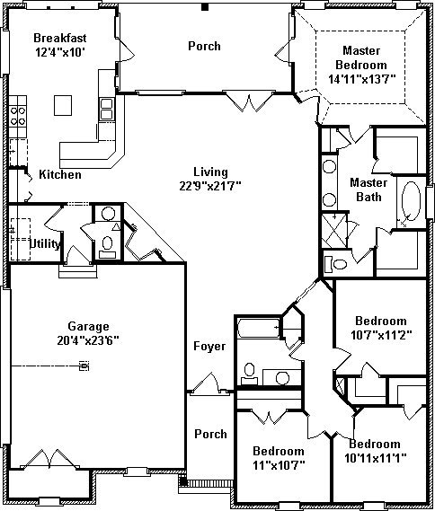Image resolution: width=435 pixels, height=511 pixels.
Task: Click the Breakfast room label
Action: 60,38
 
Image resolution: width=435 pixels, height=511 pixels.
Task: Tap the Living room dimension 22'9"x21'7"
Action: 210,186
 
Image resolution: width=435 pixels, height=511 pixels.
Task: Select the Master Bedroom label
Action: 361,57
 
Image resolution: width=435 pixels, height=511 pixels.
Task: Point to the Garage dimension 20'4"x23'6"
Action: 88,340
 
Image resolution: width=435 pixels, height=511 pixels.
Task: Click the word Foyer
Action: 209,346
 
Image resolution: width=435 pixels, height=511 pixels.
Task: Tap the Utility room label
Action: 45,243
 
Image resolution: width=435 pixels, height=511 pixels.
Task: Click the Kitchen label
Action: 60,174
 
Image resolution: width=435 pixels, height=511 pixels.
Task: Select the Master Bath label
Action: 368,189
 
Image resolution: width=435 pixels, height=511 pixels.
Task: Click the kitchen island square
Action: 63,105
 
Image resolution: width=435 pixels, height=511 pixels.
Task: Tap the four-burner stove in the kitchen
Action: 18,116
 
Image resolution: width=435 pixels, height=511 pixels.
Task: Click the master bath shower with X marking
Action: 334,231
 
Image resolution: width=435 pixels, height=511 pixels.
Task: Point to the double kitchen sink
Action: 107,110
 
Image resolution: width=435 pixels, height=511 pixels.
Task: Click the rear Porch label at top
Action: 204,46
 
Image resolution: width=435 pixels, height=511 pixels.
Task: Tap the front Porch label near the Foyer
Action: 210,434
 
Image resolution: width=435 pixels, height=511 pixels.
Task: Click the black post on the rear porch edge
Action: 205,7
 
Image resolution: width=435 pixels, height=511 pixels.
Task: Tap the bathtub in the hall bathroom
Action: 259,328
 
